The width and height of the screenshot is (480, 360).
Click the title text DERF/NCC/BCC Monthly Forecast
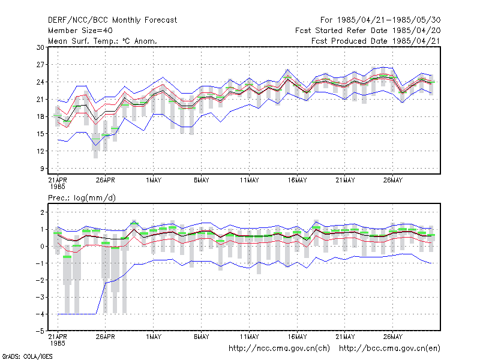(x=112, y=20)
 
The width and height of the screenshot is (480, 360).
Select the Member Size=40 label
(x=80, y=31)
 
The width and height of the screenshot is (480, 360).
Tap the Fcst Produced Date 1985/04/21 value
(x=376, y=41)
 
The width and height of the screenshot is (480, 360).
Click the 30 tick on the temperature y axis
(x=40, y=47)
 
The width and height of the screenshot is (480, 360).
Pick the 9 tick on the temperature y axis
(x=42, y=169)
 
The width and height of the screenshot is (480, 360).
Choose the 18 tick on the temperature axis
(x=40, y=116)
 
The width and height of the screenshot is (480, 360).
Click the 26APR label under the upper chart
(x=106, y=181)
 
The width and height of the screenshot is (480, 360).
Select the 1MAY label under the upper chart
(x=154, y=181)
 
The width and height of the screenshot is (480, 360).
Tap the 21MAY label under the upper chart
(x=345, y=181)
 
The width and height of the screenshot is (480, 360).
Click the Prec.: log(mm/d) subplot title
(x=82, y=198)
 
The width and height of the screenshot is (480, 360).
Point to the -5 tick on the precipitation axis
(x=40, y=331)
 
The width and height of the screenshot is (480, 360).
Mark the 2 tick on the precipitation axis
(x=42, y=212)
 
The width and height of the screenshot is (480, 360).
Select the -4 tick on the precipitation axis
(x=40, y=314)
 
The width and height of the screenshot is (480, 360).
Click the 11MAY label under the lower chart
(x=249, y=337)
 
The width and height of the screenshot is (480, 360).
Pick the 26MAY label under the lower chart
(x=393, y=337)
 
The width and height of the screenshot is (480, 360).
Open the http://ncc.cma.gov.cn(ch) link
(x=279, y=349)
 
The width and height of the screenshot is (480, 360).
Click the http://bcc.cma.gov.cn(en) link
(x=389, y=349)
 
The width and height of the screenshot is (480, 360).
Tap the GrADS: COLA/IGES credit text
(x=27, y=356)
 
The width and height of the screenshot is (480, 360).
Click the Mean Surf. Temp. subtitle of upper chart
(x=103, y=41)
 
